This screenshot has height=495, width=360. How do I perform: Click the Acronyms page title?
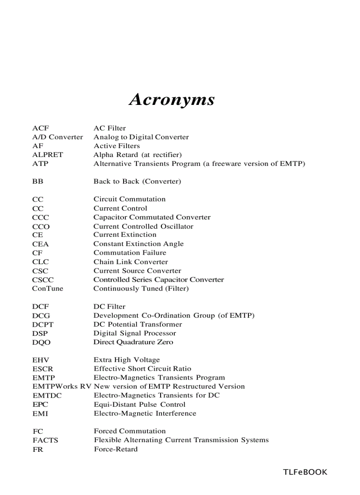pyautogui.click(x=172, y=99)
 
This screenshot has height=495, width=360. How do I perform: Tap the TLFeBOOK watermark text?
pyautogui.click(x=305, y=472)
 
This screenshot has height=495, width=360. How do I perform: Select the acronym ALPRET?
pyautogui.click(x=47, y=155)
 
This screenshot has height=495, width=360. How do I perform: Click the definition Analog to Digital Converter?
pyautogui.click(x=141, y=137)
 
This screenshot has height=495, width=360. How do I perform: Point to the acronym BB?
pyautogui.click(x=37, y=182)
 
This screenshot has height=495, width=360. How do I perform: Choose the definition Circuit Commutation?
pyautogui.click(x=129, y=199)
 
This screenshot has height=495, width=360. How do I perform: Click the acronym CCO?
pyautogui.click(x=41, y=227)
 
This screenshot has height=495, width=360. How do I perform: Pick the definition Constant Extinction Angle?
pyautogui.click(x=138, y=244)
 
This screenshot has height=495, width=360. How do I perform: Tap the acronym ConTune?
pyautogui.click(x=47, y=289)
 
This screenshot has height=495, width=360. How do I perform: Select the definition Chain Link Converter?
pyautogui.click(x=130, y=262)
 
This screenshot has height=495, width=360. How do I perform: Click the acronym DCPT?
pyautogui.click(x=43, y=324)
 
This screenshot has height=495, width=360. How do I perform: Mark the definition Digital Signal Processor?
pyautogui.click(x=135, y=333)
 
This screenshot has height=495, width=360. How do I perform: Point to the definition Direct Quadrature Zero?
pyautogui.click(x=133, y=342)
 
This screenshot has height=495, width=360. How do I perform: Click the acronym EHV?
pyautogui.click(x=41, y=360)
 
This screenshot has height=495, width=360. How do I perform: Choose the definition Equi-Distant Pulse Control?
pyautogui.click(x=139, y=405)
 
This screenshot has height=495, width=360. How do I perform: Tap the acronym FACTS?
pyautogui.click(x=45, y=440)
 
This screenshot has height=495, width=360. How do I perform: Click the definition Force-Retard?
pyautogui.click(x=116, y=449)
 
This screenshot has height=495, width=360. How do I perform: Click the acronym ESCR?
pyautogui.click(x=42, y=369)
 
